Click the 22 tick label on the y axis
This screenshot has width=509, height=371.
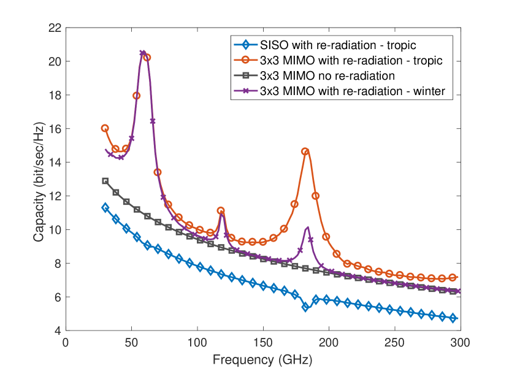tap(54, 28)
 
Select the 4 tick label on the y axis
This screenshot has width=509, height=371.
tap(56, 331)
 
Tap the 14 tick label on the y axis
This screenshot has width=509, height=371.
tap(54, 163)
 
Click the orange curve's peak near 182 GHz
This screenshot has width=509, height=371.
tap(305, 151)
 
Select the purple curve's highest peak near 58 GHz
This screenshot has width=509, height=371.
tap(142, 53)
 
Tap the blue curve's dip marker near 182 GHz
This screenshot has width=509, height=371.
tap(305, 307)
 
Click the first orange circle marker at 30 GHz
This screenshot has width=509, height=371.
tap(105, 128)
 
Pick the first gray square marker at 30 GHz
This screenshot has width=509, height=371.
tap(105, 181)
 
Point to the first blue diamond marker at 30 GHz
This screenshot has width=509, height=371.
tap(105, 208)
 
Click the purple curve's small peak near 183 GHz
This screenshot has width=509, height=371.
tap(307, 228)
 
